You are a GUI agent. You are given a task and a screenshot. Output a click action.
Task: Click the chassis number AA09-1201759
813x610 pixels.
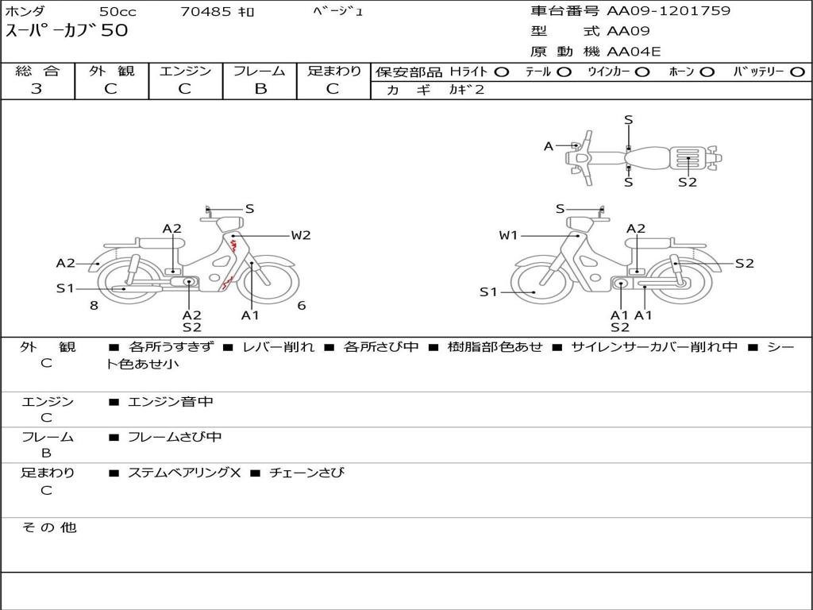(669, 11)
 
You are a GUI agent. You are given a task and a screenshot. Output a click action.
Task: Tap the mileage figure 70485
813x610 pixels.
(206, 11)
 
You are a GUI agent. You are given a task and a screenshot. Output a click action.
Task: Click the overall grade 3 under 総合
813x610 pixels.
(37, 88)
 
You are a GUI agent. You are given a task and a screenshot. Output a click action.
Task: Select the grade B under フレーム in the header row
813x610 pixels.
(260, 89)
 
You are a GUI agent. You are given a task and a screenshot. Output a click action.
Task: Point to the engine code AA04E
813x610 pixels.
(634, 52)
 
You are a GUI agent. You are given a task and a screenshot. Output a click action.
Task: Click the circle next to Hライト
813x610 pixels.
(502, 72)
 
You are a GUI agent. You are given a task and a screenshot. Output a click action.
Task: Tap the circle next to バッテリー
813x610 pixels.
(798, 72)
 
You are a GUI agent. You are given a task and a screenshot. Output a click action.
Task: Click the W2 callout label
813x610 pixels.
(301, 235)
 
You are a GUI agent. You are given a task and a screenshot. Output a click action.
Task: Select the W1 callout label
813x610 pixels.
(508, 235)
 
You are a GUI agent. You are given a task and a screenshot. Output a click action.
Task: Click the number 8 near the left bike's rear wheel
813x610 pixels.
(94, 306)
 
